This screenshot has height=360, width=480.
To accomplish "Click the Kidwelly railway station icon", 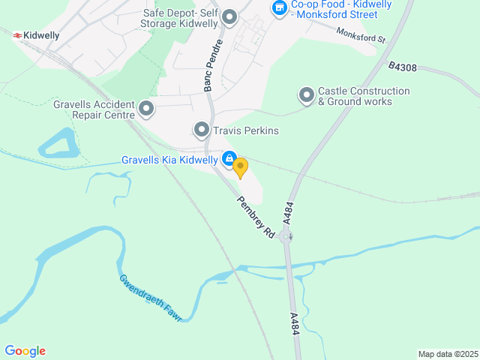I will click(x=16, y=34).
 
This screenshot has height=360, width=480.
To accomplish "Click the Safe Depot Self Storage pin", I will click(x=229, y=16).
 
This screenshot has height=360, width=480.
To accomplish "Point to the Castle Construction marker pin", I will click(x=306, y=95).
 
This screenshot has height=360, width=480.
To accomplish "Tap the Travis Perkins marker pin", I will click(x=201, y=130).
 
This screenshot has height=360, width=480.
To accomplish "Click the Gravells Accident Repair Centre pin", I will click(x=146, y=109).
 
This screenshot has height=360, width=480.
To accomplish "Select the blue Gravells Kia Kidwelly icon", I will click(x=229, y=159).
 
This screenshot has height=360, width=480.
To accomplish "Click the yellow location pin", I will click(x=240, y=166).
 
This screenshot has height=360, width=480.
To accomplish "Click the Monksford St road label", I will click(x=360, y=35).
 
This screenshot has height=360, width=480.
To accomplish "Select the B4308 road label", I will click(x=403, y=67).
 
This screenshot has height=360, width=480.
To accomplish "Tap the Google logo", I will click(x=25, y=351).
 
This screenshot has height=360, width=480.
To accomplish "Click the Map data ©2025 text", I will click(x=447, y=354).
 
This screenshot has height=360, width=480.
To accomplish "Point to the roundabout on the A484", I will click(x=286, y=237).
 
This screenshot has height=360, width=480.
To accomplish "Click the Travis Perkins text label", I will click(x=246, y=130).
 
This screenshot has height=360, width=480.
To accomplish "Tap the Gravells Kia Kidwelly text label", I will click(x=169, y=160).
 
